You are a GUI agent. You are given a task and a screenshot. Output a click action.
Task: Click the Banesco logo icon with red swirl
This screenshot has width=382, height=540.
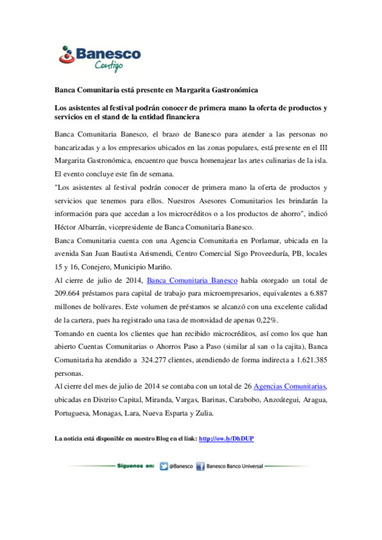coord(66,55)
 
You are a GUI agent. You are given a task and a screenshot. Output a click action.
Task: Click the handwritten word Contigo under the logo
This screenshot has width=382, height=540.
coord(109,65)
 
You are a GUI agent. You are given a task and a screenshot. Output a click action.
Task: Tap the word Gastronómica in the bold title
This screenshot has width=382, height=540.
coord(235,90)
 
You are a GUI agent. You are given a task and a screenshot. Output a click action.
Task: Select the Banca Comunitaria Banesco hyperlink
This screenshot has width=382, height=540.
coord(192,281)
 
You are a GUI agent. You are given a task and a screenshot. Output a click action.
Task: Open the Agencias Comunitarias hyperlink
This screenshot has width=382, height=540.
coord(290,387)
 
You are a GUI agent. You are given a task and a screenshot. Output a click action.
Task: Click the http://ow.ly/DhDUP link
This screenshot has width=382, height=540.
coord(226,439)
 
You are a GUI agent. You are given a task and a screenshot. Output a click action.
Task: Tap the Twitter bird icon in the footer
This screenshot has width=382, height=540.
coord(163,466)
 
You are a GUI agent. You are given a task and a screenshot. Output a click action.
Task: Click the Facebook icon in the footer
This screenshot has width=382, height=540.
coord(201,466)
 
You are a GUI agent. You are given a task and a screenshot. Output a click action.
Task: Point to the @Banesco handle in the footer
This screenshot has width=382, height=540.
coord(181,466)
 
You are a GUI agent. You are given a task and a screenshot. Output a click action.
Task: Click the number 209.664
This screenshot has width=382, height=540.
coord(66,294)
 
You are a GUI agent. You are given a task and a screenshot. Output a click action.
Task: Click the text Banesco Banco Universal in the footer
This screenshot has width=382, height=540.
coord(235,466)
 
